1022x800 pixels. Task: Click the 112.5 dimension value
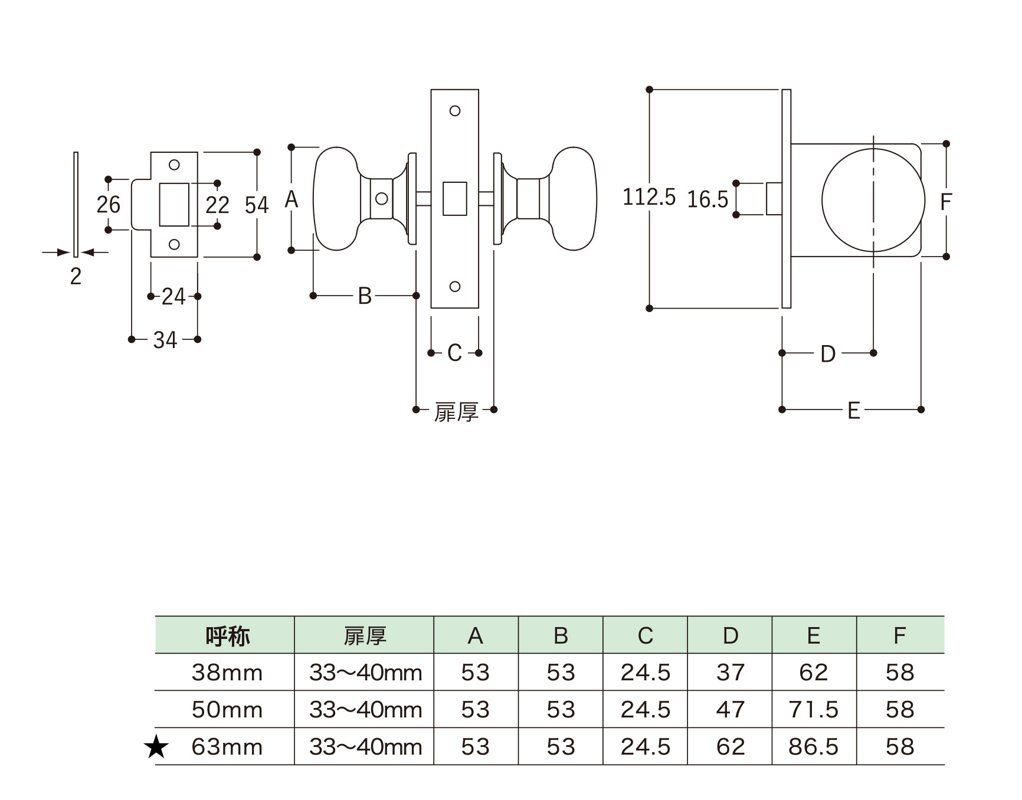[x=648, y=197]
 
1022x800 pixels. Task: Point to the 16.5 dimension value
[x=707, y=200]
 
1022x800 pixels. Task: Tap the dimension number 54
[x=257, y=205]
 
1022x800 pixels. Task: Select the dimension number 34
[x=165, y=340]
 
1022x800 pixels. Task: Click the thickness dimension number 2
[x=76, y=276]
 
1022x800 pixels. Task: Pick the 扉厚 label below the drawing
[x=456, y=411]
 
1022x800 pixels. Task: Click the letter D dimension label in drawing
[x=828, y=354]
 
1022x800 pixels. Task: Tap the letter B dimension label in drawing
[x=365, y=296]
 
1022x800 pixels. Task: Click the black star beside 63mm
[x=156, y=747]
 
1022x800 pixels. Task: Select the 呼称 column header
[x=227, y=636]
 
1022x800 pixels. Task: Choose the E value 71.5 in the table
[x=813, y=710]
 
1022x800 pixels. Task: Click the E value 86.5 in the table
[x=813, y=747]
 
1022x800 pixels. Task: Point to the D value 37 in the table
[x=730, y=673]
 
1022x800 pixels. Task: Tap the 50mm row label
[x=227, y=710]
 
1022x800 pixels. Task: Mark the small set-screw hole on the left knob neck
[x=381, y=199]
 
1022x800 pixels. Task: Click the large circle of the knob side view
[x=873, y=201]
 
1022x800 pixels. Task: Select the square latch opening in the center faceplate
[x=454, y=198]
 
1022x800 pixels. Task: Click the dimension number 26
[x=109, y=205]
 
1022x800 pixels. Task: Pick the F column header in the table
[x=899, y=636]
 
